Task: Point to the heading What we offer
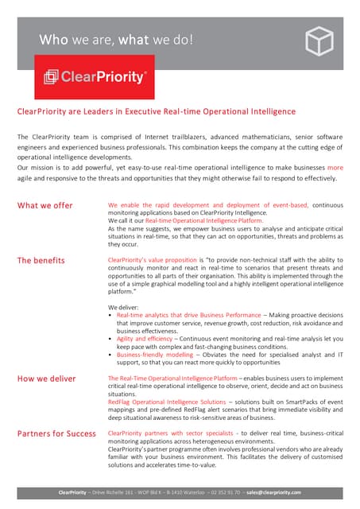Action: [45, 205]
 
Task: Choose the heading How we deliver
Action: [47, 379]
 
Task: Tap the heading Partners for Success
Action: [56, 433]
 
